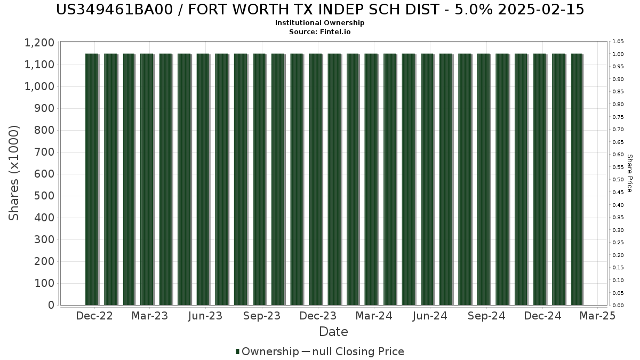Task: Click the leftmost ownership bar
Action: coord(92,179)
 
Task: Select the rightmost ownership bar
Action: coord(577,179)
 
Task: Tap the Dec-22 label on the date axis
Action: coord(94,316)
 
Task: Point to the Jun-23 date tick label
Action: coord(205,316)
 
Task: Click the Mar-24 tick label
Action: coord(374,316)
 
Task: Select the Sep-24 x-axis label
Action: coord(486,316)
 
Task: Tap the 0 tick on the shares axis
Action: coord(51,305)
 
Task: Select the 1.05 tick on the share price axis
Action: coord(618,42)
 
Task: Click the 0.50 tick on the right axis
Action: coord(618,180)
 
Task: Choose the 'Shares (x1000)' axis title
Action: coord(14,173)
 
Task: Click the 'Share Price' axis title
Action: coord(630,173)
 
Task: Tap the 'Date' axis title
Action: coord(333,332)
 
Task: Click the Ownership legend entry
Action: coord(267,351)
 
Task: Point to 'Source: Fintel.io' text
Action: coord(320,31)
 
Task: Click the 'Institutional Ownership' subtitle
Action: coord(320,23)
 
